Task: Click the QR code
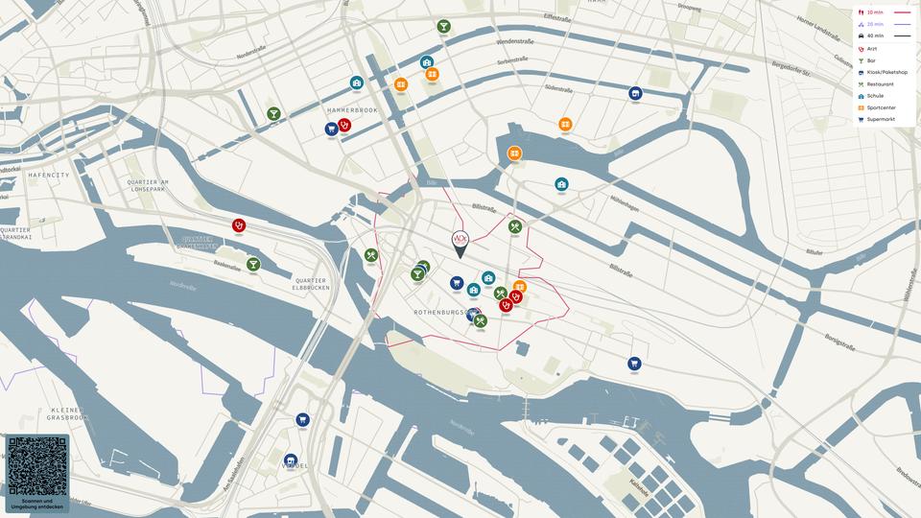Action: click(36, 466)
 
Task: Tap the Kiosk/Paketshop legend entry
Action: click(886, 72)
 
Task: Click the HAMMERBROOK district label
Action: click(352, 110)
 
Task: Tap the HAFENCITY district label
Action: click(49, 176)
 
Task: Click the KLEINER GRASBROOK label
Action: click(67, 413)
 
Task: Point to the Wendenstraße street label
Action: click(514, 42)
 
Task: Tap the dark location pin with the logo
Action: click(460, 243)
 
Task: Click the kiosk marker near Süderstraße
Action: click(635, 93)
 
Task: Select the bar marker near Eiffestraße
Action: click(443, 27)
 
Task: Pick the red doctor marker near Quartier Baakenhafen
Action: click(239, 225)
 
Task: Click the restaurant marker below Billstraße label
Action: click(515, 227)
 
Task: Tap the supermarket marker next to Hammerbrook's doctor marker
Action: click(331, 129)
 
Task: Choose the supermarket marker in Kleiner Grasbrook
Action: click(302, 419)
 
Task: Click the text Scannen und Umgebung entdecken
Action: click(36, 504)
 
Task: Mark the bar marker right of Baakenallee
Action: click(253, 264)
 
